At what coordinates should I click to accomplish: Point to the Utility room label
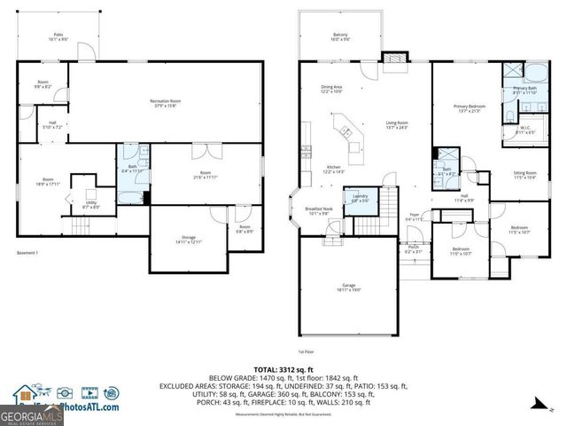click(91, 205)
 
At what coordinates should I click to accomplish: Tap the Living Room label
click(396, 125)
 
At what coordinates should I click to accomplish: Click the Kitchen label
click(333, 169)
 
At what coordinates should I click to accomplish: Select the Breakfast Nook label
click(317, 211)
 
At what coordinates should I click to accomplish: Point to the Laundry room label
click(361, 198)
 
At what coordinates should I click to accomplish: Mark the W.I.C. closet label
click(524, 130)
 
